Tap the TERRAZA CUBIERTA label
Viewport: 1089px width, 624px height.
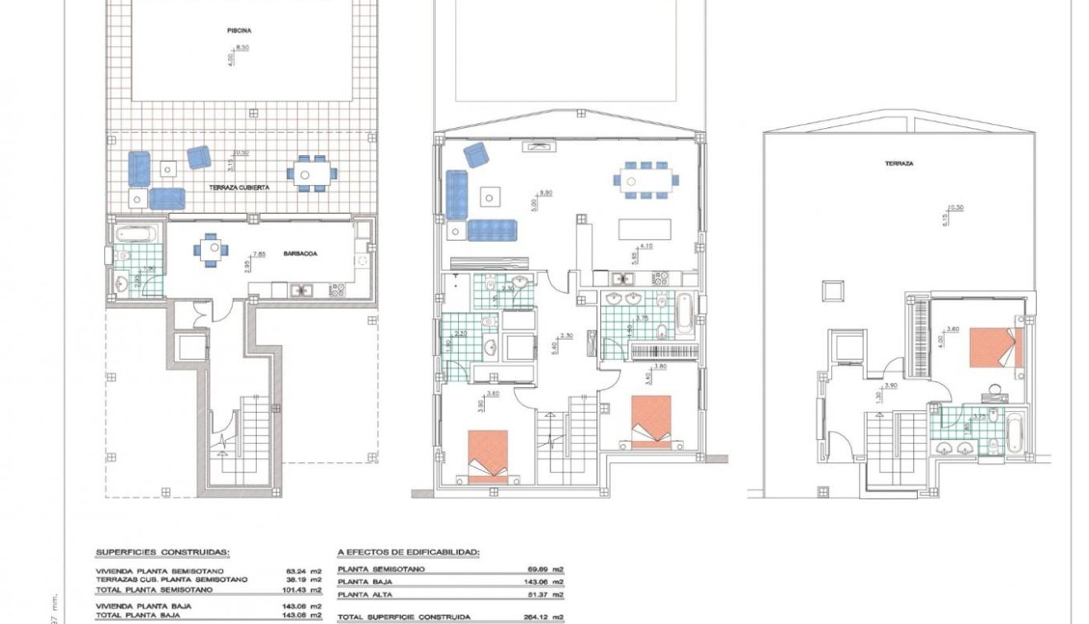(x=239, y=188)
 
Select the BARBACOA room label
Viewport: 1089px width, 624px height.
(x=303, y=254)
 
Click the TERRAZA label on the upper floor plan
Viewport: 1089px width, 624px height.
(x=899, y=163)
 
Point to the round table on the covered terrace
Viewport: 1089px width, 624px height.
(x=312, y=174)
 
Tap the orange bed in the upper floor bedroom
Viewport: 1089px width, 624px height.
(x=995, y=347)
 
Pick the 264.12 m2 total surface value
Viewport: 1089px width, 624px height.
(x=546, y=617)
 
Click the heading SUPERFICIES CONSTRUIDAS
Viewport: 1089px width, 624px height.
(x=163, y=552)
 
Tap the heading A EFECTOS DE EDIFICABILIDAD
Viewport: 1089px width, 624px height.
(x=409, y=552)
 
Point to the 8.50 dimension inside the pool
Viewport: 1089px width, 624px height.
(x=242, y=48)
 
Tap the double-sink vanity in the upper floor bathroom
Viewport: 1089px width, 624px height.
(x=954, y=447)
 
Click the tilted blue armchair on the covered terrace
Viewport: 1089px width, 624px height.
(x=198, y=157)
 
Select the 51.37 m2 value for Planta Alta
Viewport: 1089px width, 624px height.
(x=546, y=594)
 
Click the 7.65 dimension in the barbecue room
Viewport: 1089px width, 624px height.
(x=259, y=254)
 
